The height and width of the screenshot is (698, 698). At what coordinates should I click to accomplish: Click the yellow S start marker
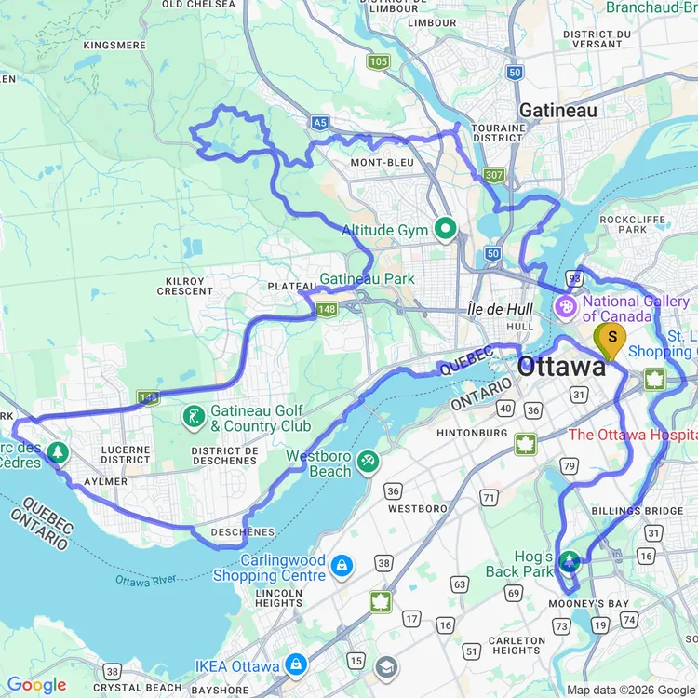click(611, 340)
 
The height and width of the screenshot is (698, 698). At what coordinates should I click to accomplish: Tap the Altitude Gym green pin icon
click(446, 228)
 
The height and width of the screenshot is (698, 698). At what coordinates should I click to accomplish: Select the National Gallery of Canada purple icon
click(566, 306)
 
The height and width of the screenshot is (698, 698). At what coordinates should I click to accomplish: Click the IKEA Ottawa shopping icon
click(297, 664)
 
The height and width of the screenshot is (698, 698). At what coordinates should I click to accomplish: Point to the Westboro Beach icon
click(369, 462)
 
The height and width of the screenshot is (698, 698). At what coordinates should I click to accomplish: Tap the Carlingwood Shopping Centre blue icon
click(342, 565)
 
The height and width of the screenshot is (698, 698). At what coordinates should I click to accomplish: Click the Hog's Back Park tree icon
click(569, 561)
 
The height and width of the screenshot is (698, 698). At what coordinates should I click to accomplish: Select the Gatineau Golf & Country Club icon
click(193, 416)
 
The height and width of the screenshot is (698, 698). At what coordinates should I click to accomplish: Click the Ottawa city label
click(561, 367)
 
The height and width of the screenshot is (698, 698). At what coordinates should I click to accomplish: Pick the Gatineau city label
click(557, 110)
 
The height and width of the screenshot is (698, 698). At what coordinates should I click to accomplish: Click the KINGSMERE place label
click(115, 45)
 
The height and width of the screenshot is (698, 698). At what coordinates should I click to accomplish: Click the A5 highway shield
click(320, 121)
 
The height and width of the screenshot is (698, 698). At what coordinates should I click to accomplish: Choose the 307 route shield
click(493, 174)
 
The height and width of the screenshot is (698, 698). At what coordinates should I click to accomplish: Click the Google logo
click(37, 685)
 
